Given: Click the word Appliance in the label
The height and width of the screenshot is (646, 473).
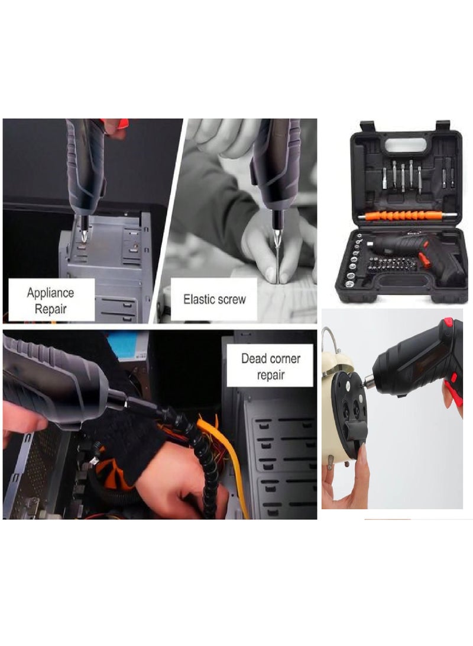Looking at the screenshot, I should [50, 293].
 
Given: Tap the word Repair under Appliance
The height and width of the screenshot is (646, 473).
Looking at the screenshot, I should [50, 308].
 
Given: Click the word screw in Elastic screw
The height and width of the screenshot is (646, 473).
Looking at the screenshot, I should [232, 299].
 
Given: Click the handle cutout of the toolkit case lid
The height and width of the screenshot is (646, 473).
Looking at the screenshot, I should [406, 145].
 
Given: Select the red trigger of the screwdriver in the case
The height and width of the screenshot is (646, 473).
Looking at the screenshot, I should [425, 259].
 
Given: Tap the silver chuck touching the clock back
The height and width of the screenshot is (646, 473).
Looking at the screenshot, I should [368, 383].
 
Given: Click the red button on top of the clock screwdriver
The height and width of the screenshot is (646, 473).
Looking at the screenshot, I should [448, 323].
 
